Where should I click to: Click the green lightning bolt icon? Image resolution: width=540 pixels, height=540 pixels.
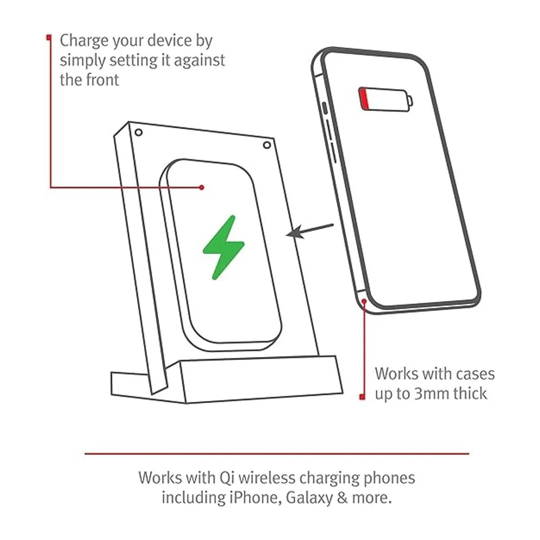224,247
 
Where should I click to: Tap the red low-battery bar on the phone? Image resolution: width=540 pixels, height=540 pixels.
364,99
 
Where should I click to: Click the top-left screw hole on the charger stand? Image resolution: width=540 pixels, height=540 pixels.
139,132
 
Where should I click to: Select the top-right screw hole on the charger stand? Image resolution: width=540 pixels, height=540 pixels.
267,145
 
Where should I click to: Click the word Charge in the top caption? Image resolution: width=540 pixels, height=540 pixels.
84,41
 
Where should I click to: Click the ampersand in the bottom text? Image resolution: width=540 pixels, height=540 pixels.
342,498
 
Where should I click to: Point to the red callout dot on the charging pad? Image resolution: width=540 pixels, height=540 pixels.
202,187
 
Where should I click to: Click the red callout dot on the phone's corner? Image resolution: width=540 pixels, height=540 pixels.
364,301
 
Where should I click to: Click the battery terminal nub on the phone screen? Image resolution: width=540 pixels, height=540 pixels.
410,101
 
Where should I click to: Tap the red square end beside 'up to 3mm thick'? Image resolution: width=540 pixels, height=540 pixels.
362,397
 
